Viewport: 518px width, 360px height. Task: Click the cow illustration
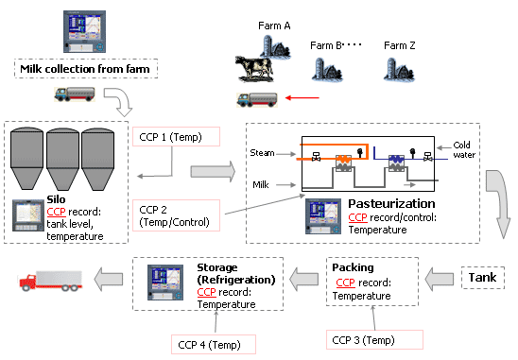click(x=254, y=69)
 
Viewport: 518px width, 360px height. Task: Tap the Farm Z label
click(x=400, y=45)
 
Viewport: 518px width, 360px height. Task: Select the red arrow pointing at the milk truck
click(x=302, y=97)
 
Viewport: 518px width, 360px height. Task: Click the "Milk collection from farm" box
click(x=86, y=69)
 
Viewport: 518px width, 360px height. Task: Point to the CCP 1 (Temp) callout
click(x=176, y=137)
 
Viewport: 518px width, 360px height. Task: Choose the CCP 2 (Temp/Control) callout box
click(x=176, y=215)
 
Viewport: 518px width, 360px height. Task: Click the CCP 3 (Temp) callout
click(x=374, y=339)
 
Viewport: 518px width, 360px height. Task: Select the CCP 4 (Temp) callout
click(x=214, y=345)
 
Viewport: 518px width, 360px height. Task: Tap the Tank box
click(x=483, y=278)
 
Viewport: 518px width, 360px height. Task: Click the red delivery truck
click(x=50, y=281)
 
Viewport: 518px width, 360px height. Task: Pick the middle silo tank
click(x=62, y=159)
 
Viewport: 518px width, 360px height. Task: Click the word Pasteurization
click(x=391, y=203)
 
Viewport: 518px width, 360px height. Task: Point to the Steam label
click(x=262, y=153)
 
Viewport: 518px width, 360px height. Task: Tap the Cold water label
click(x=464, y=149)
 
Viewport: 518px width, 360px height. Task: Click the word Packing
click(x=353, y=267)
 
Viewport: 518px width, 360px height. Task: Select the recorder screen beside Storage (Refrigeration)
click(x=165, y=283)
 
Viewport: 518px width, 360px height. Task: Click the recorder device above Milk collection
click(x=84, y=31)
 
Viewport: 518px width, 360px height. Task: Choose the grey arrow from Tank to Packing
click(x=439, y=280)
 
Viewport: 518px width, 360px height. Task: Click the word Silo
click(x=56, y=199)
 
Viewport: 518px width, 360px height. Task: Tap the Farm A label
click(x=274, y=26)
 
